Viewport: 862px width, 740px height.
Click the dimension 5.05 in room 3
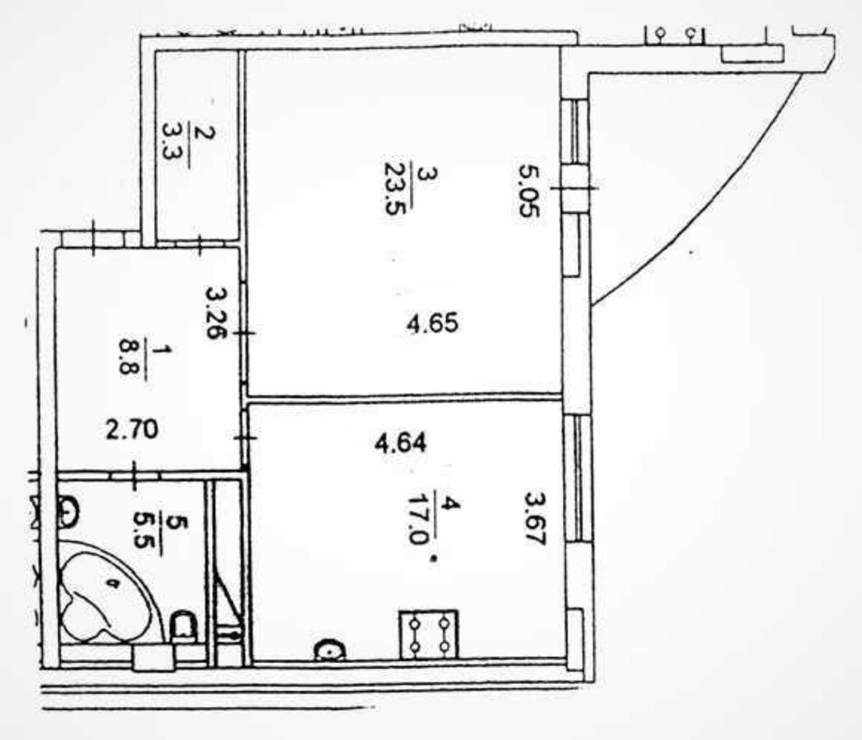529,192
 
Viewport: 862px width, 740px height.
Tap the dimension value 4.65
432,323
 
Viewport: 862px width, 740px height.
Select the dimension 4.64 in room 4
400,442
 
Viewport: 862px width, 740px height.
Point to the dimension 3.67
534,518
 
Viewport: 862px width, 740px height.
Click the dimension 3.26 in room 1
215,313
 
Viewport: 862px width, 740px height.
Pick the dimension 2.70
131,430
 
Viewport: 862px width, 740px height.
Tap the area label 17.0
416,518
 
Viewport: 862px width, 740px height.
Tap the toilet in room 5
185,626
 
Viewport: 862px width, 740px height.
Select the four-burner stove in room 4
429,633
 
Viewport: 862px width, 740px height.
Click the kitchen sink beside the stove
330,649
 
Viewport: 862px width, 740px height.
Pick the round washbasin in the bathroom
68,512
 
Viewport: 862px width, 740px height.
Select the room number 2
203,133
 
